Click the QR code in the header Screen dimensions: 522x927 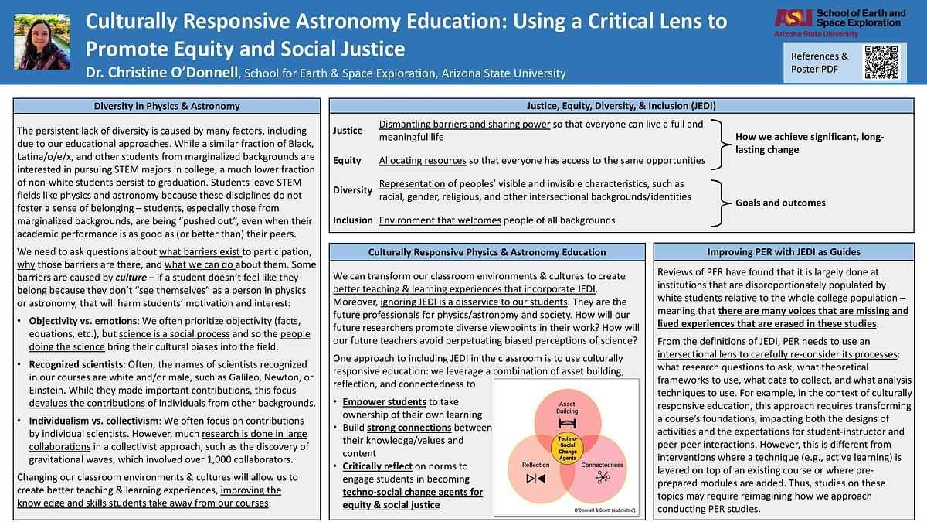pos(881,62)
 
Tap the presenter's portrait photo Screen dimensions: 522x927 pos(37,43)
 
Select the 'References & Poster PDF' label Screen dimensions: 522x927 pos(819,63)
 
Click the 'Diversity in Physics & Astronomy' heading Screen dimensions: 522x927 pos(167,106)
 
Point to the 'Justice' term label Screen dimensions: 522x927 pos(348,131)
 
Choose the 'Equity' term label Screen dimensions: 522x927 pos(347,161)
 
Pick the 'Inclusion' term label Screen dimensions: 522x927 pos(353,220)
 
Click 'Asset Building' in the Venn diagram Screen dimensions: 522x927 pos(568,408)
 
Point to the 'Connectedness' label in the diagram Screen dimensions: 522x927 pos(602,466)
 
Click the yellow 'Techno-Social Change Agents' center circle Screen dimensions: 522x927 pos(568,448)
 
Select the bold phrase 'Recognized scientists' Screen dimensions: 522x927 pos(73,363)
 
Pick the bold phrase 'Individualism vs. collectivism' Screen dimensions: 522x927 pos(93,421)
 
